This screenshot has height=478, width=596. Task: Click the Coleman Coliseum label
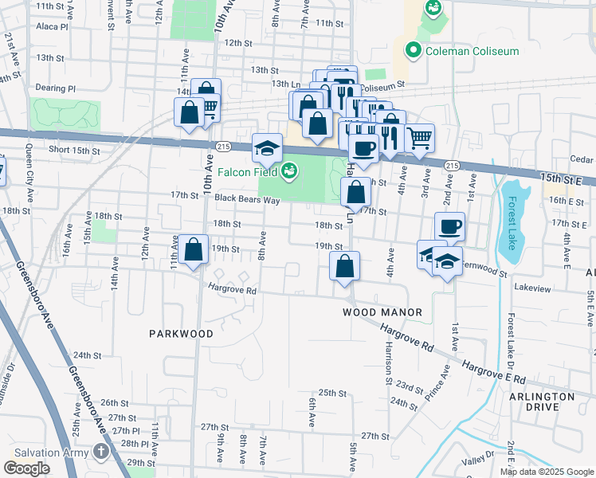[x=472, y=51]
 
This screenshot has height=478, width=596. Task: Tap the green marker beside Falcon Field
[x=290, y=170]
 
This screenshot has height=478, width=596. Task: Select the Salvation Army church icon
[x=100, y=452]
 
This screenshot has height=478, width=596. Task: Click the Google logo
[x=27, y=468]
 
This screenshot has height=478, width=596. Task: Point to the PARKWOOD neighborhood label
[x=181, y=334]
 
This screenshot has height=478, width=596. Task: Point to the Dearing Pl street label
[x=55, y=88]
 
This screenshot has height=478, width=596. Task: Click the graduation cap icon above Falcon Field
[x=268, y=147]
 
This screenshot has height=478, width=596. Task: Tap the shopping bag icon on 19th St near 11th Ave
[x=193, y=249]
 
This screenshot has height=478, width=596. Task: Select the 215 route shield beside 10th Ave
[x=222, y=146]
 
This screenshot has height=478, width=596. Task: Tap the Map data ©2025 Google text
[x=546, y=472]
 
